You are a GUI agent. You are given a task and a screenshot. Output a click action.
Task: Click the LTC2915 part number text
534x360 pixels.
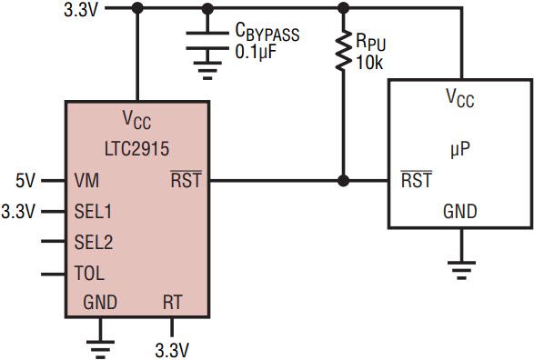(136, 149)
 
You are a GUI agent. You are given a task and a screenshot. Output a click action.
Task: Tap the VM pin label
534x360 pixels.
(86, 180)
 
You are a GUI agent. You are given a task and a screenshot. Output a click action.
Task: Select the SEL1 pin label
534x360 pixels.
(93, 211)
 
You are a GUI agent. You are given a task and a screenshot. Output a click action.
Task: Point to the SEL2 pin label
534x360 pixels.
(94, 242)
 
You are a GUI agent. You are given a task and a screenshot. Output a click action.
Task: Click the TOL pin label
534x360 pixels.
(89, 274)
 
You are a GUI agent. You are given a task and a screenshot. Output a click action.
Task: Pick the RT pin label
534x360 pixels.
(173, 302)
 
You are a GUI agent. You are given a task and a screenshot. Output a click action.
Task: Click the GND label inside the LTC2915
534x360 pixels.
(100, 302)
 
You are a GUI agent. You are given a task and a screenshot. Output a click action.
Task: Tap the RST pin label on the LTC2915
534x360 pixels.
(186, 179)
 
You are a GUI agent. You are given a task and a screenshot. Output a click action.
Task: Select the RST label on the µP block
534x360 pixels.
(416, 179)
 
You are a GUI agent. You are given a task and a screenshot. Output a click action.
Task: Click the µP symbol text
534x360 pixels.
(460, 150)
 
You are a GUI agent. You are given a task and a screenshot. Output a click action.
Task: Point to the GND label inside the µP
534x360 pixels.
(460, 211)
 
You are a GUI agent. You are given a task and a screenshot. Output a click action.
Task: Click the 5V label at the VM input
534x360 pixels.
(25, 180)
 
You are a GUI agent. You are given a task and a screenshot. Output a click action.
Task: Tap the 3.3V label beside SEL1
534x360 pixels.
(18, 211)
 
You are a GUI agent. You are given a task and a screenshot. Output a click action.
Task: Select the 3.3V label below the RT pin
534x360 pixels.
(172, 350)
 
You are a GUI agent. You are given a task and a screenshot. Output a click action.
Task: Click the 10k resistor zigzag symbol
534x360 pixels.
(343, 50)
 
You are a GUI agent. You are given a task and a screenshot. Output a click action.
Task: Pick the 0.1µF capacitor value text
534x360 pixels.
(256, 52)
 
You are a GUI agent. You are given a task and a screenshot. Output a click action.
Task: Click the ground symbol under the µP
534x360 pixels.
(461, 270)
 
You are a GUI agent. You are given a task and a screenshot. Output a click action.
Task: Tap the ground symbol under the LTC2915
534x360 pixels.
(100, 349)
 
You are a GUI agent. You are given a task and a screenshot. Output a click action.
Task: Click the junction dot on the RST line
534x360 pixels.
(344, 181)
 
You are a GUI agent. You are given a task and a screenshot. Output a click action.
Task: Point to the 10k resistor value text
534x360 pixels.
(370, 63)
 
